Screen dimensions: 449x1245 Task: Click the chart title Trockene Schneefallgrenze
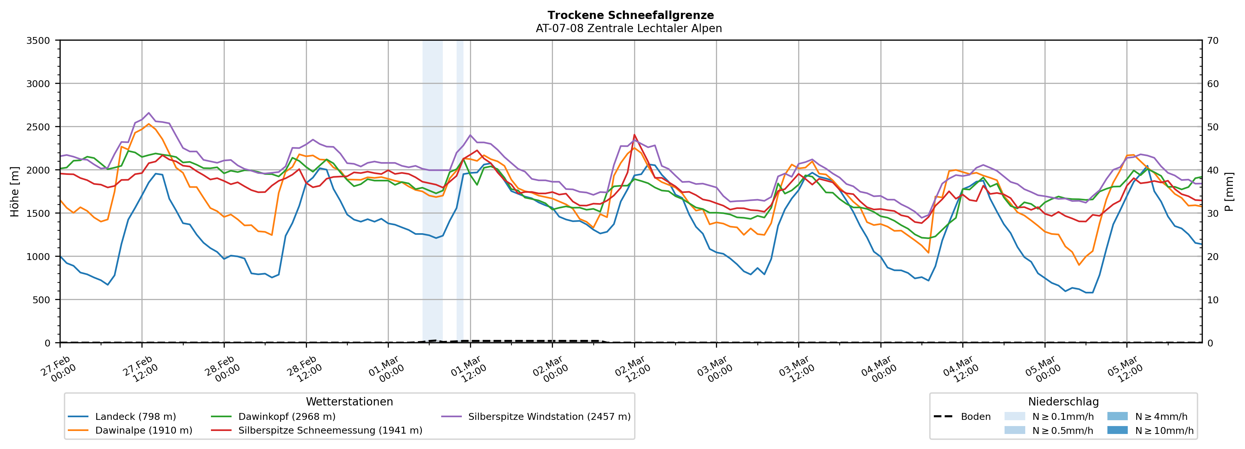[x=630, y=15]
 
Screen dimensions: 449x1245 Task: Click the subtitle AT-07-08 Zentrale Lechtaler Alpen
[x=628, y=28]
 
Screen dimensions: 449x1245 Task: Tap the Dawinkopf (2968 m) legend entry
[x=287, y=417]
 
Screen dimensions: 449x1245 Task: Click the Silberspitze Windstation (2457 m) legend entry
[x=549, y=417]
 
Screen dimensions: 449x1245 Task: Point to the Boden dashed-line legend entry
[x=975, y=417]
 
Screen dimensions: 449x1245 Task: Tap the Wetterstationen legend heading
[x=349, y=402]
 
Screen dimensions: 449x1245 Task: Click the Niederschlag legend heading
[x=1063, y=402]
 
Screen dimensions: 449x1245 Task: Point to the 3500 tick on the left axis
[x=38, y=41]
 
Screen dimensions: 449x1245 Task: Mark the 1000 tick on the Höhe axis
[x=38, y=257]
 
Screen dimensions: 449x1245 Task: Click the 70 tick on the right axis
[x=1213, y=41]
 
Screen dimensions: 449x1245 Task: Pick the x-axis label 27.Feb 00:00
[x=58, y=370]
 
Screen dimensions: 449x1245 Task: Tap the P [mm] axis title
[x=1229, y=192]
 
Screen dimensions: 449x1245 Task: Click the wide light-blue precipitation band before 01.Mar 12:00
[x=433, y=193]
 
